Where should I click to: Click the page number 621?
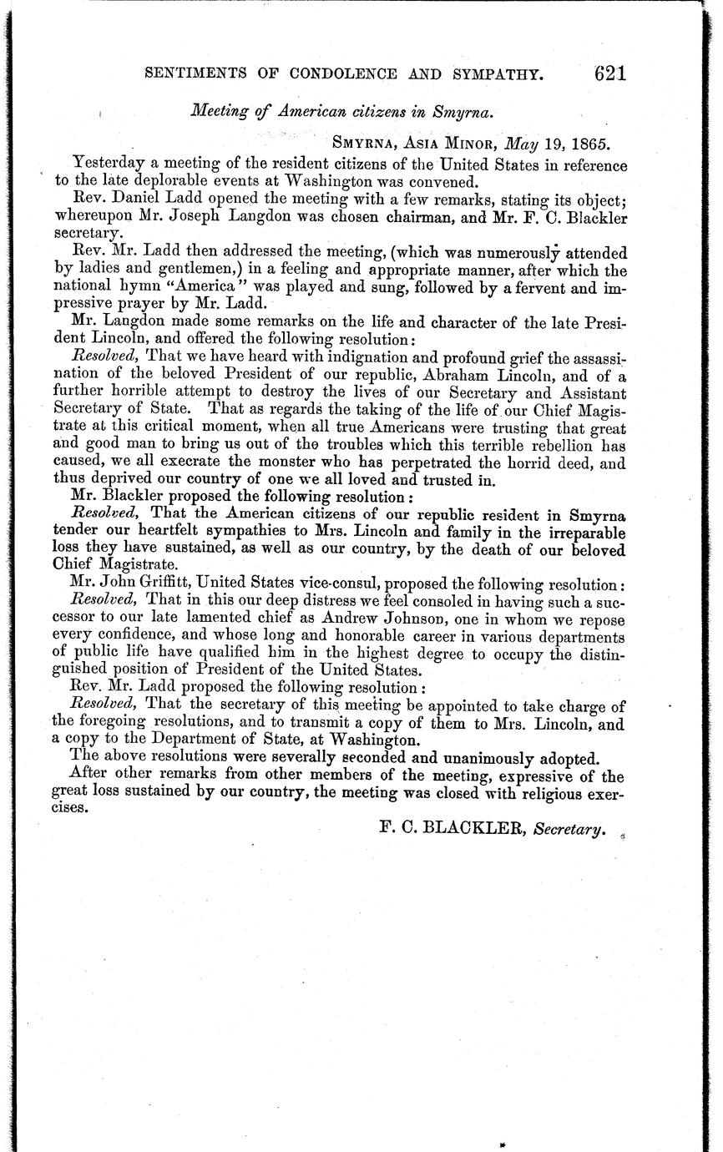[610, 73]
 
